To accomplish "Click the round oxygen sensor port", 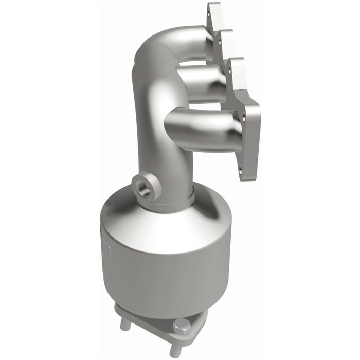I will coord(145,187).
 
